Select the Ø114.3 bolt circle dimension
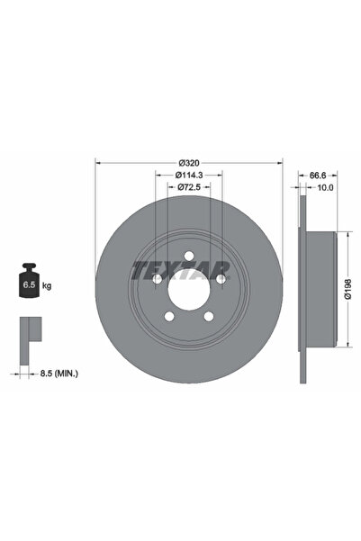pos(188,174)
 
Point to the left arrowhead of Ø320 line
pos(97,163)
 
